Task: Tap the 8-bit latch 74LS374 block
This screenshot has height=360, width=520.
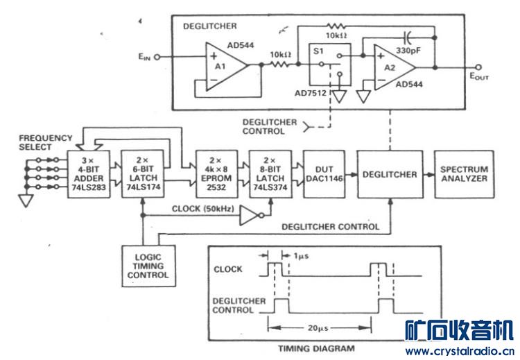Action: click(x=268, y=173)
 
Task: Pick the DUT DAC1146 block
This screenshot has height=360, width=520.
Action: click(x=320, y=173)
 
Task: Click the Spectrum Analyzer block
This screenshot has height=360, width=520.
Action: click(x=464, y=173)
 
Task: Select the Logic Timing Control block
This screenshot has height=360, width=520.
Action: click(x=148, y=266)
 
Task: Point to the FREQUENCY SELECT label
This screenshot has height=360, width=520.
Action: click(x=46, y=143)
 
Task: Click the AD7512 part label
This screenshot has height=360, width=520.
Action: click(x=311, y=94)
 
